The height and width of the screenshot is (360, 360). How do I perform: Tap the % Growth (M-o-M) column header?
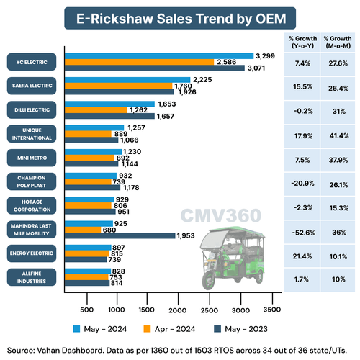(x=336, y=42)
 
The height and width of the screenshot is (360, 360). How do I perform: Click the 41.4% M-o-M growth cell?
(x=336, y=133)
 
